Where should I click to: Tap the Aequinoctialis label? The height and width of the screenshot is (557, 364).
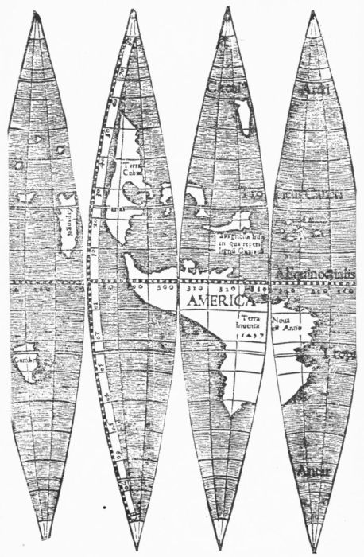(x=316, y=274)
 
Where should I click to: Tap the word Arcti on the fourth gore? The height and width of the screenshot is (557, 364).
(x=313, y=88)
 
